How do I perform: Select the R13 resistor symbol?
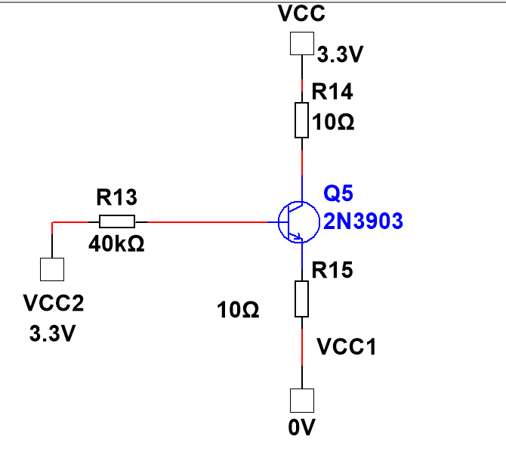[117, 222]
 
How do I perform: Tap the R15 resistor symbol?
[301, 299]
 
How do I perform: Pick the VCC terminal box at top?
[301, 44]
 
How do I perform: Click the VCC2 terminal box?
[52, 269]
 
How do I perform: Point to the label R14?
[332, 92]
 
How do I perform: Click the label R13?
[117, 198]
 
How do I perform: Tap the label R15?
[332, 270]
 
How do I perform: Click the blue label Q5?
[338, 195]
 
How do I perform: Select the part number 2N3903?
[363, 221]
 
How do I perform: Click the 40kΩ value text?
[117, 246]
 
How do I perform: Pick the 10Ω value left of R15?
[239, 309]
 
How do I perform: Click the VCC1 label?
[346, 347]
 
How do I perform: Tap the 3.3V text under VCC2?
[52, 333]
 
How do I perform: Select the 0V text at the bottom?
[301, 429]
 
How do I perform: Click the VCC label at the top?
[301, 15]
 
